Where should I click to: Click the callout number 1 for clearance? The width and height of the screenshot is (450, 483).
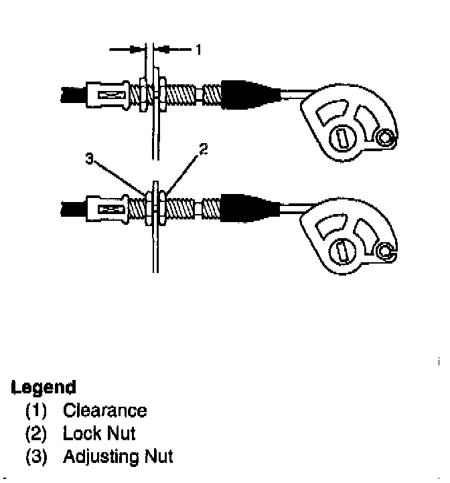[x=199, y=50]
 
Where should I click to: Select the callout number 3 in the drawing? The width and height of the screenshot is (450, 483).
[x=89, y=159]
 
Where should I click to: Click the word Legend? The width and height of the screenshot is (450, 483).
[x=44, y=387]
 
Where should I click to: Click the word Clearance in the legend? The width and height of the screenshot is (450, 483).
[x=104, y=410]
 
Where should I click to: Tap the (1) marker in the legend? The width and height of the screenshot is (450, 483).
[x=36, y=410]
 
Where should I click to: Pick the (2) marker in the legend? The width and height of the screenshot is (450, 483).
[x=36, y=433]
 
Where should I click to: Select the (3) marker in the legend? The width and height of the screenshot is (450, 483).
[x=36, y=457]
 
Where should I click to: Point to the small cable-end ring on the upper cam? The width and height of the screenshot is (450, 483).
[x=385, y=138]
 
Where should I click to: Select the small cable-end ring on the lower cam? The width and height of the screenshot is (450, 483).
[x=385, y=252]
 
